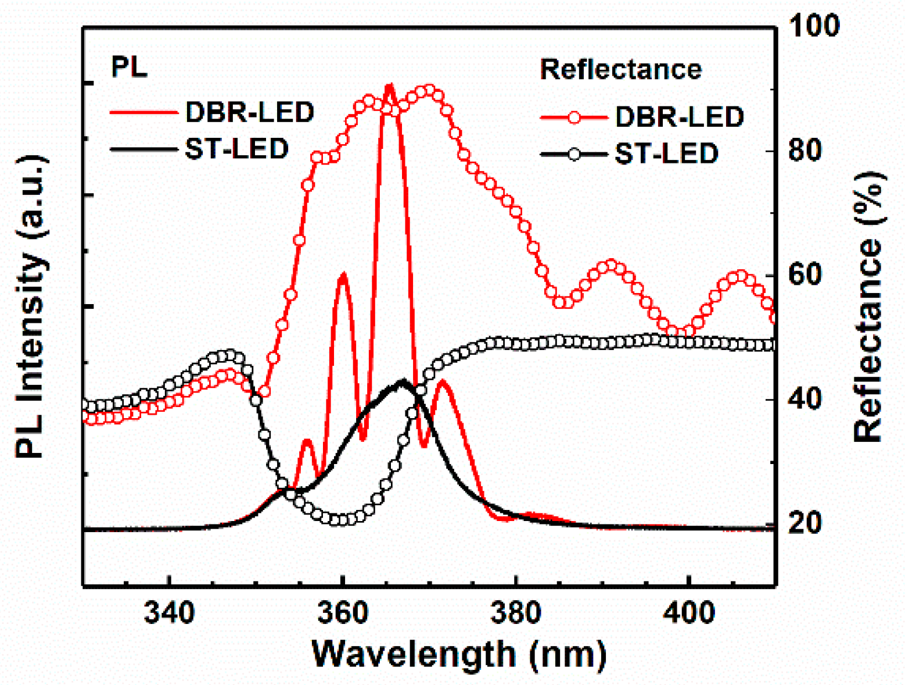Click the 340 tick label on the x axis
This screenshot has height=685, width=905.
pos(169,612)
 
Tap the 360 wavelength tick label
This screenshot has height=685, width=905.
pos(343,612)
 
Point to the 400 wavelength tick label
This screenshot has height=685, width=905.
pos(688,612)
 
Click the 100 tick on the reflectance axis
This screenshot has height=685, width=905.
pos(813,26)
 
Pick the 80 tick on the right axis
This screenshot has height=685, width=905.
pos(805,151)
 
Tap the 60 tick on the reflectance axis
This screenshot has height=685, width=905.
pos(805,275)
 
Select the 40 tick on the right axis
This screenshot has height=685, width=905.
pos(805,399)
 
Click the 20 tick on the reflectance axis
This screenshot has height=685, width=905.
pos(805,523)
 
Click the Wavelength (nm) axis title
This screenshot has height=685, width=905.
pos(459,654)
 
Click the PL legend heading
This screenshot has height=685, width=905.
pos(129,67)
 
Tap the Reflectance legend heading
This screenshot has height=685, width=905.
pos(621,69)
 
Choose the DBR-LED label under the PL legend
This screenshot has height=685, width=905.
pos(249,112)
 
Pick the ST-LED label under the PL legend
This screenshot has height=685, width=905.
pos(236,149)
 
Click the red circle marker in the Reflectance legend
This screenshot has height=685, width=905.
pos(574,117)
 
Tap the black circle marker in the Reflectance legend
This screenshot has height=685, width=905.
pos(574,154)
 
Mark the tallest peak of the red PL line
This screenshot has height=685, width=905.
pos(389,85)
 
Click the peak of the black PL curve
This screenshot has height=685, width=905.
pos(403,381)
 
